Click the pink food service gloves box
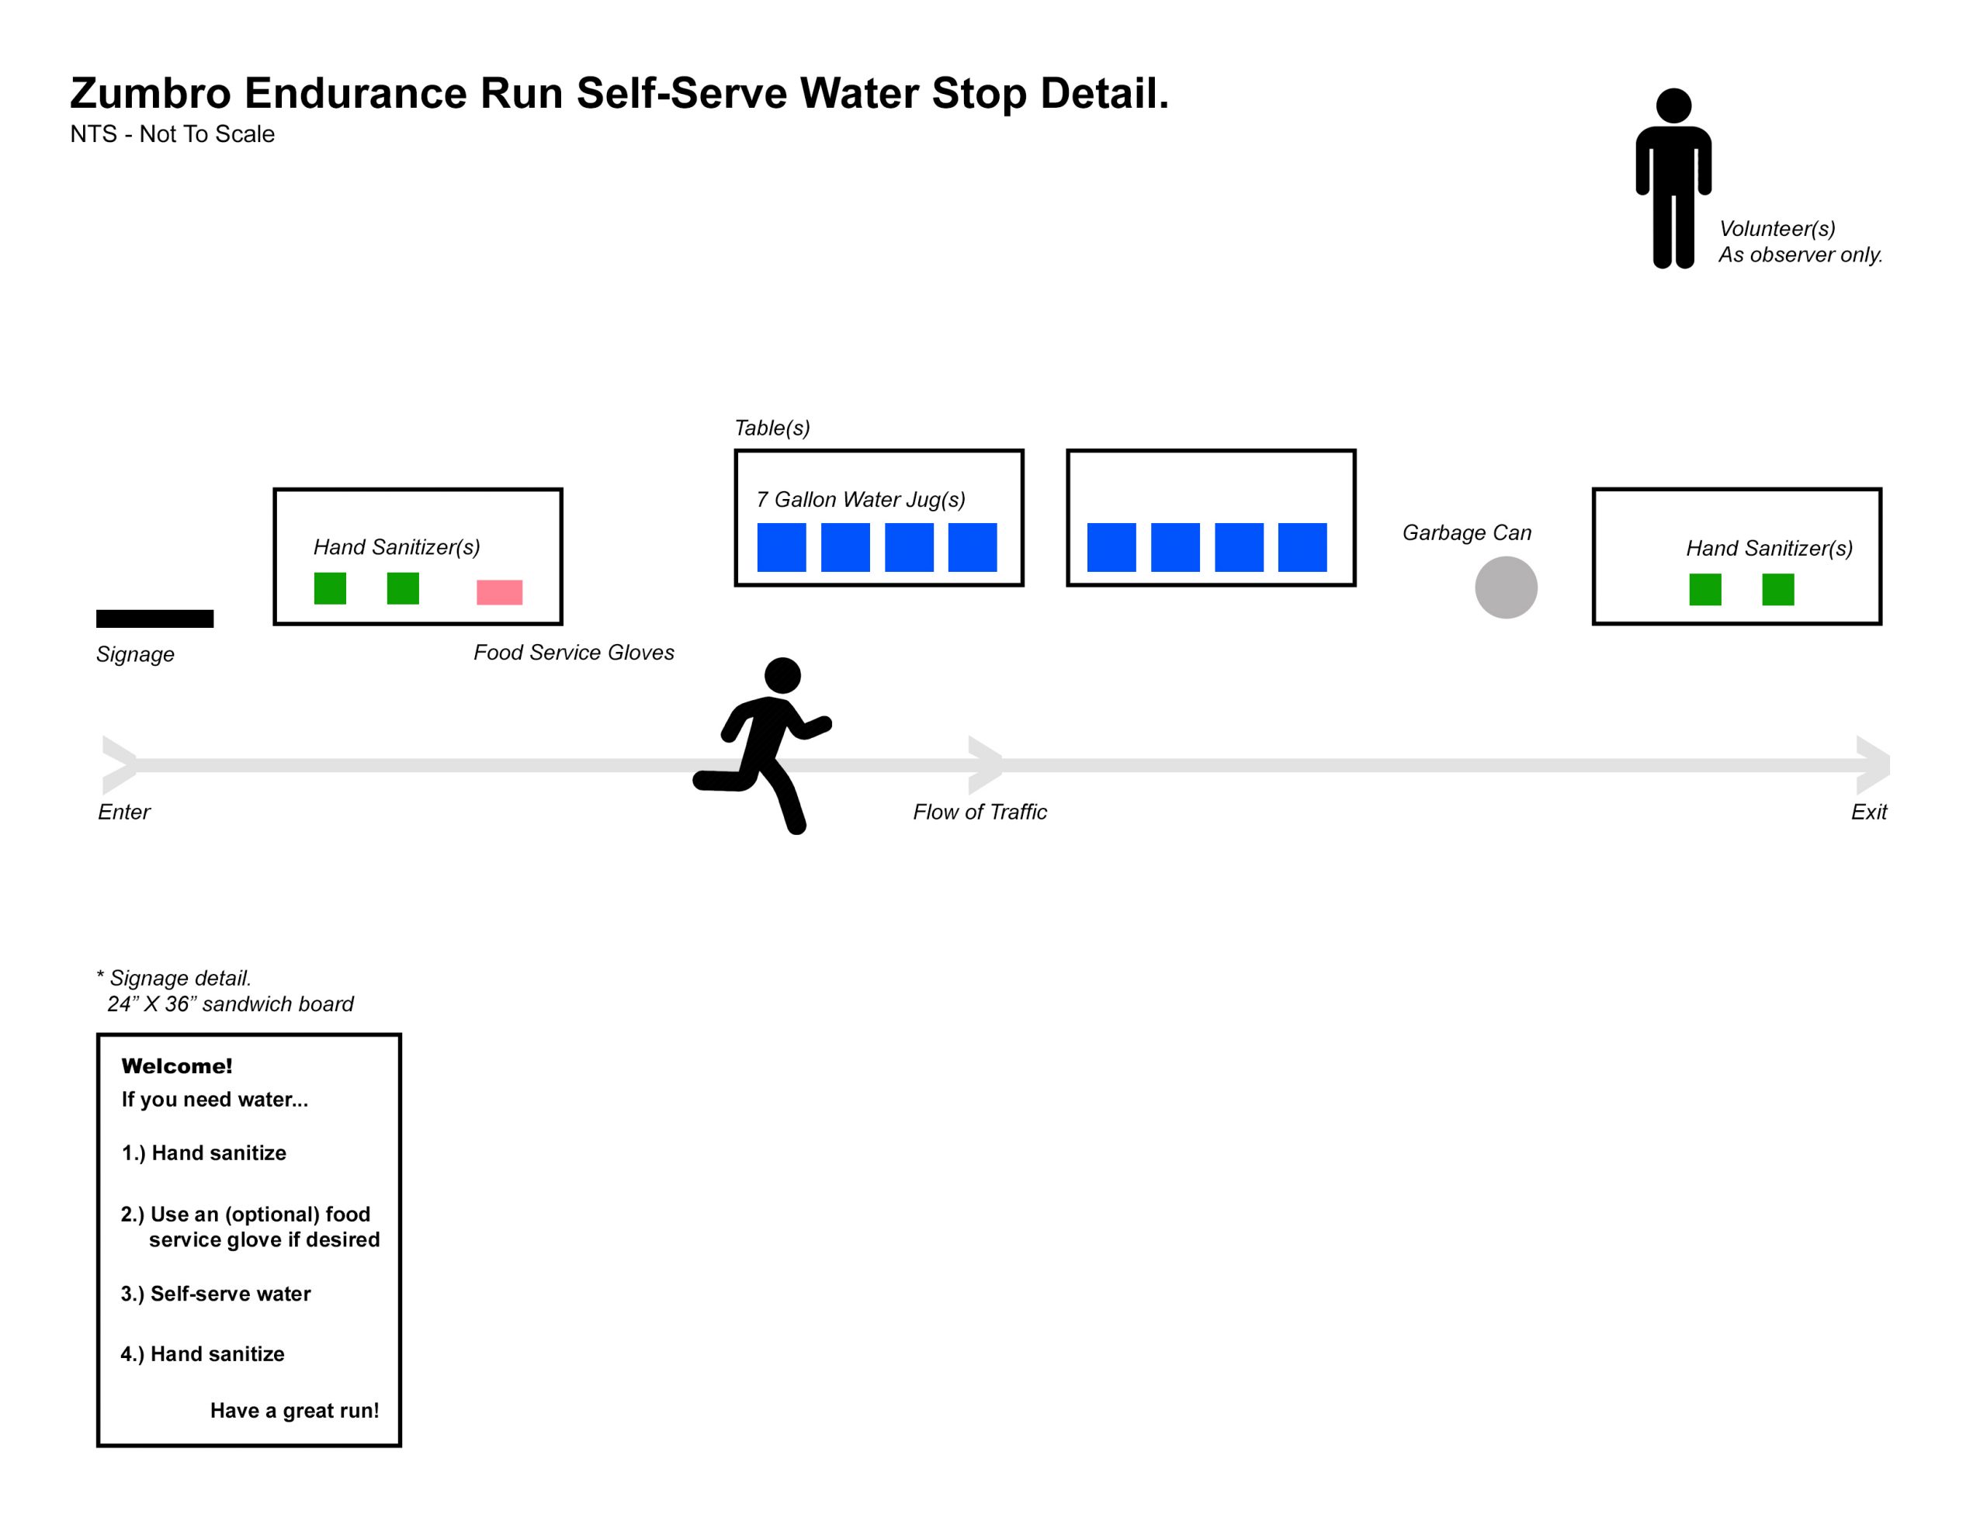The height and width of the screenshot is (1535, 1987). [500, 592]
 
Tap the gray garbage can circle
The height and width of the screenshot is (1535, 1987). [1506, 587]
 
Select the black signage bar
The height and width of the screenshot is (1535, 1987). [154, 619]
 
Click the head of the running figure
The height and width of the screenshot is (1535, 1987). [782, 675]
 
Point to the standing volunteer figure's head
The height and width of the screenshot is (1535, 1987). [1673, 106]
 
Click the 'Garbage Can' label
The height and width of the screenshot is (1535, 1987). [1467, 532]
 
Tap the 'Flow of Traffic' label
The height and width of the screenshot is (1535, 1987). [980, 812]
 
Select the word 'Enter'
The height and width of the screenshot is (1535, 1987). [123, 812]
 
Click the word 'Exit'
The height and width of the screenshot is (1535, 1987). [1869, 812]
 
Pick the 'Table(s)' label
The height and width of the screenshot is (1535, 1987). [772, 428]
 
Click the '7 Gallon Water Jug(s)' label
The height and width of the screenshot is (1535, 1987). [861, 500]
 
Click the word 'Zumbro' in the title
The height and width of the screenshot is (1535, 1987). [150, 93]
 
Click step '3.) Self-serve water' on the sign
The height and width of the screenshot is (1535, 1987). [216, 1293]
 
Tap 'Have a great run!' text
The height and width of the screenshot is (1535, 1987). [294, 1410]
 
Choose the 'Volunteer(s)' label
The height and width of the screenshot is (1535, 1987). [1777, 228]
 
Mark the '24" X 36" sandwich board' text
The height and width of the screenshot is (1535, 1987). [231, 1003]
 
